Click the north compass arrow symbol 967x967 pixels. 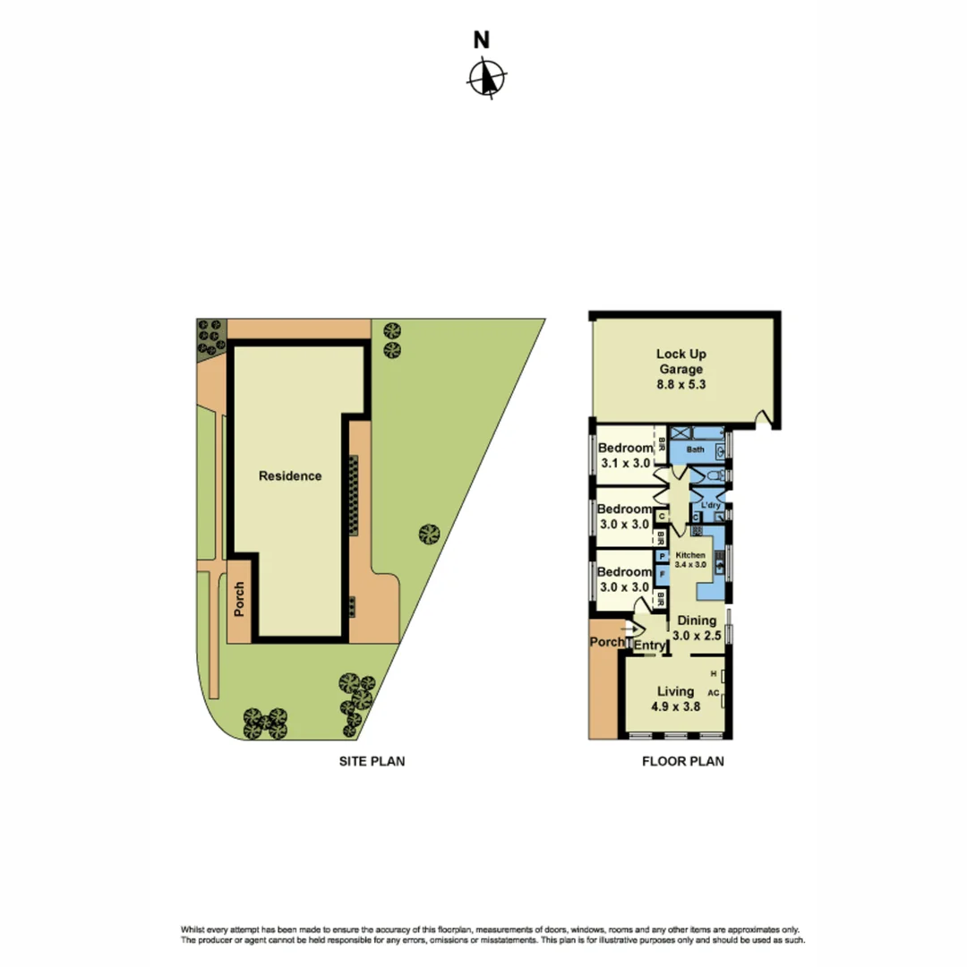[486, 77]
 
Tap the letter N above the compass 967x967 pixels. [482, 39]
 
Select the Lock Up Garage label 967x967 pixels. [680, 368]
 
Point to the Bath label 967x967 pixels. [695, 449]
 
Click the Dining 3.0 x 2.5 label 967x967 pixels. [697, 627]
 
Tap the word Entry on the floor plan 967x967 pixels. [649, 646]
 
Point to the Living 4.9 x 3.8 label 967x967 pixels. [678, 698]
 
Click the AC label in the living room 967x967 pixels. [714, 693]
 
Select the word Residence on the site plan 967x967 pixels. [290, 476]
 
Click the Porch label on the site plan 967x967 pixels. [239, 601]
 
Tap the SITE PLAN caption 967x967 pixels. [371, 763]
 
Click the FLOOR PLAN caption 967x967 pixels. [682, 763]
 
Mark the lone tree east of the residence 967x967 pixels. [429, 535]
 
